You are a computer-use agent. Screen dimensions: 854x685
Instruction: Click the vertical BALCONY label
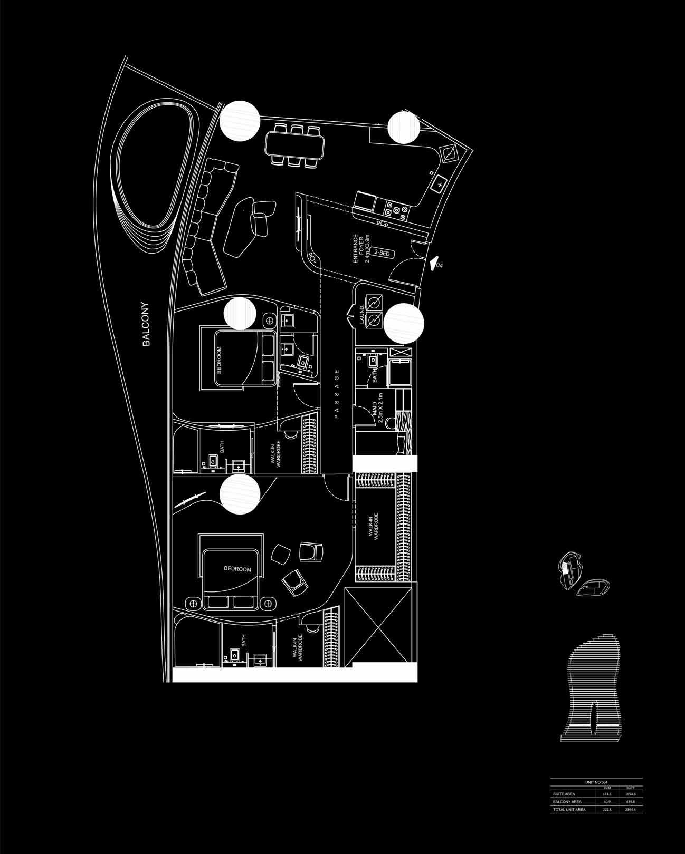coord(146,324)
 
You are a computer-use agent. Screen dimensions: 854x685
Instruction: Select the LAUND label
coord(361,315)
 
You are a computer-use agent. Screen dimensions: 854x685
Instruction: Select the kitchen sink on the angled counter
coord(439,185)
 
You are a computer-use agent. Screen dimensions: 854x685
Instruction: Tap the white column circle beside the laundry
coord(404,323)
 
